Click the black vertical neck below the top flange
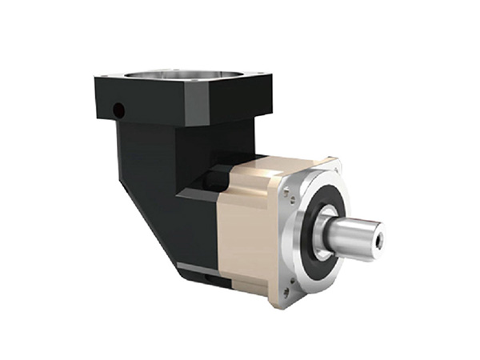tap(152, 152)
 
